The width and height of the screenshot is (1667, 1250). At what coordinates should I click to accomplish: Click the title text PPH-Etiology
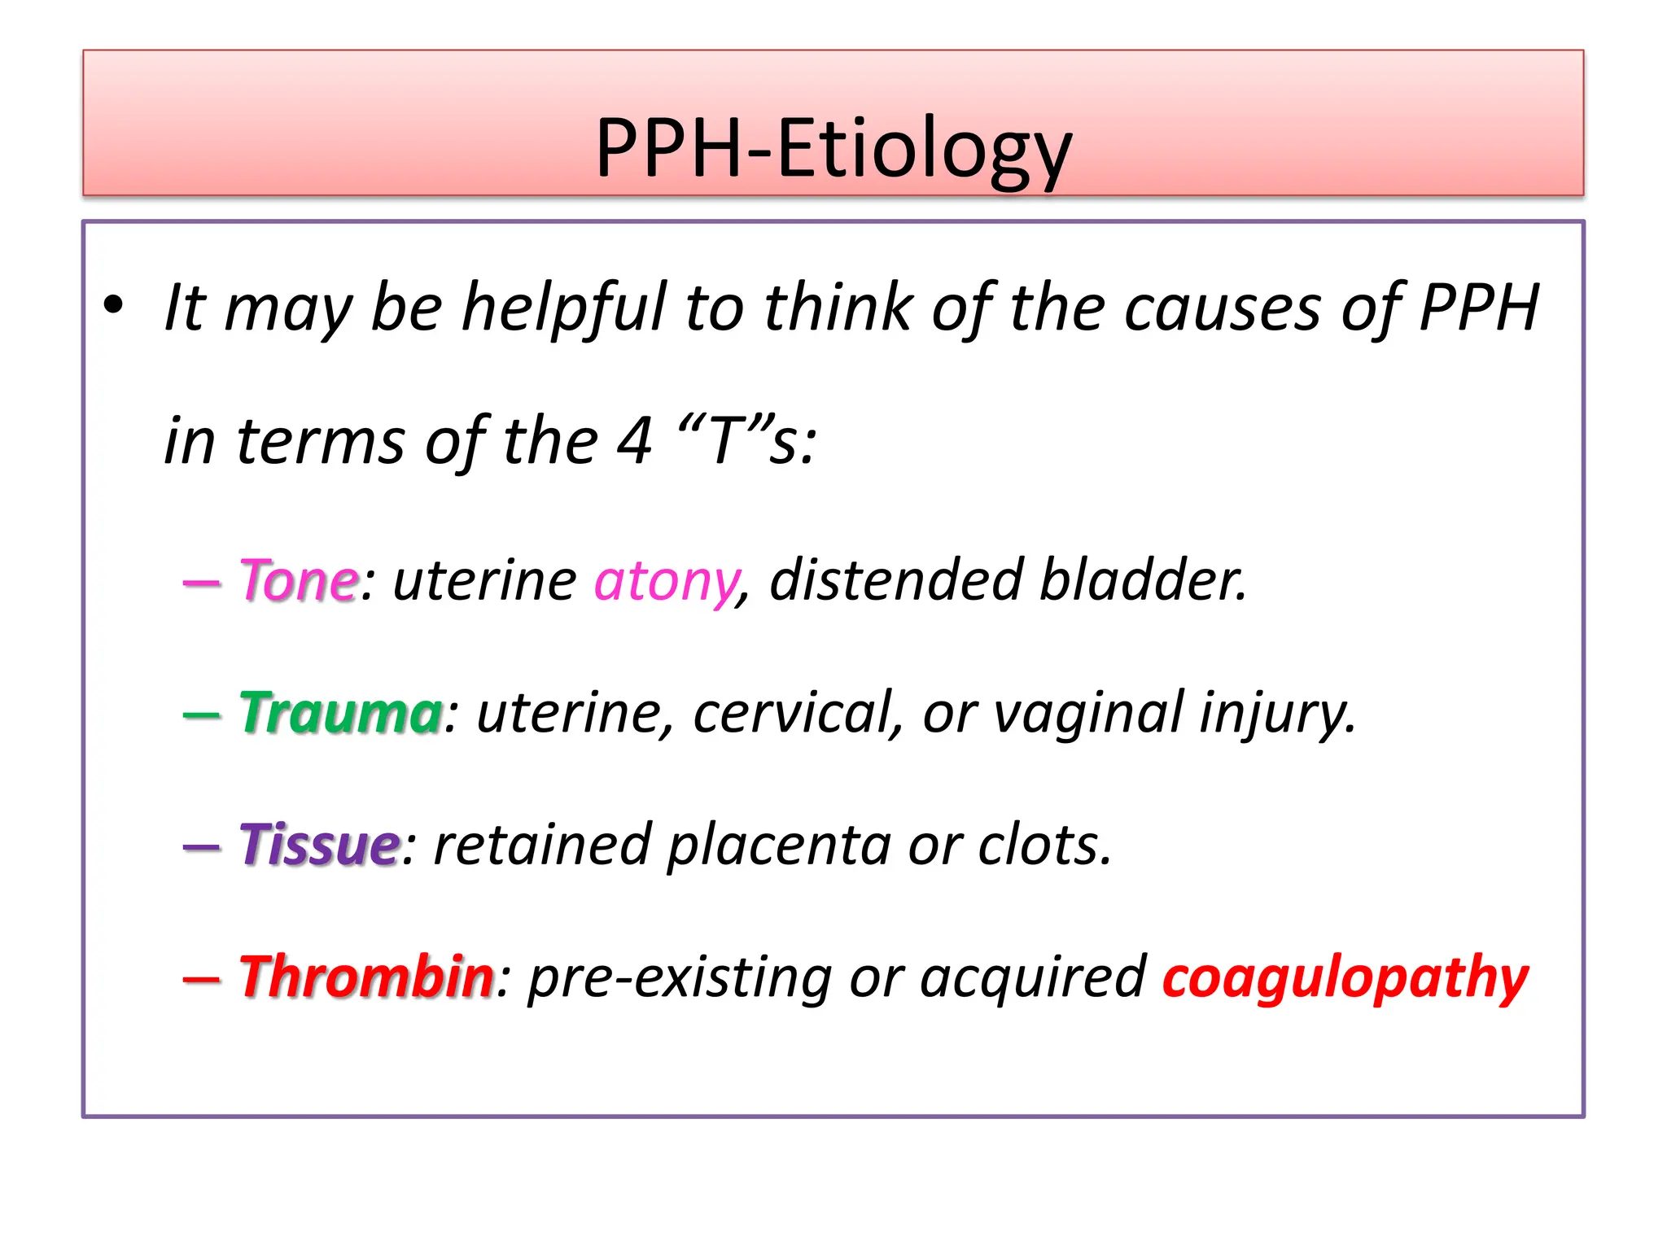tap(833, 148)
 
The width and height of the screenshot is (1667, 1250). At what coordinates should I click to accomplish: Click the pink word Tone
tap(298, 581)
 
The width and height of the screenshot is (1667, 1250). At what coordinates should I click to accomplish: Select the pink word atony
tap(665, 581)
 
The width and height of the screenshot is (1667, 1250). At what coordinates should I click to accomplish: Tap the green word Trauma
tap(340, 713)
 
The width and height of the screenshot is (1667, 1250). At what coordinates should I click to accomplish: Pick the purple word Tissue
tap(319, 845)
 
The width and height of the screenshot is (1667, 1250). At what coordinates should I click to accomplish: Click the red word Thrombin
tap(365, 977)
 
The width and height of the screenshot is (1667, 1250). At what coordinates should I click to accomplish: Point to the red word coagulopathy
tap(1345, 978)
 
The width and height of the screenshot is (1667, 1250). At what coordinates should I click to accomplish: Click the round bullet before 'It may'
tap(113, 306)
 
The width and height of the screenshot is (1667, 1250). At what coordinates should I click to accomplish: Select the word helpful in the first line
tap(563, 308)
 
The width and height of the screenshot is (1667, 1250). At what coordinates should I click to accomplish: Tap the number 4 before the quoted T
tap(635, 440)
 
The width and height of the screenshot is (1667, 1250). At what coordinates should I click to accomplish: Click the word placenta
tap(779, 846)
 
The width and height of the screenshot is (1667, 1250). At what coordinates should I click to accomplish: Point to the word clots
tap(1044, 845)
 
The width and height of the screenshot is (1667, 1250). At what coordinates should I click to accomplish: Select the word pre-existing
tap(679, 978)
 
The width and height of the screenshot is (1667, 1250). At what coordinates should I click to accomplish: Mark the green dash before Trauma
tap(201, 715)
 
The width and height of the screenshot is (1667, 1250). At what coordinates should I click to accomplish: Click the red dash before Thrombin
tap(201, 979)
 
